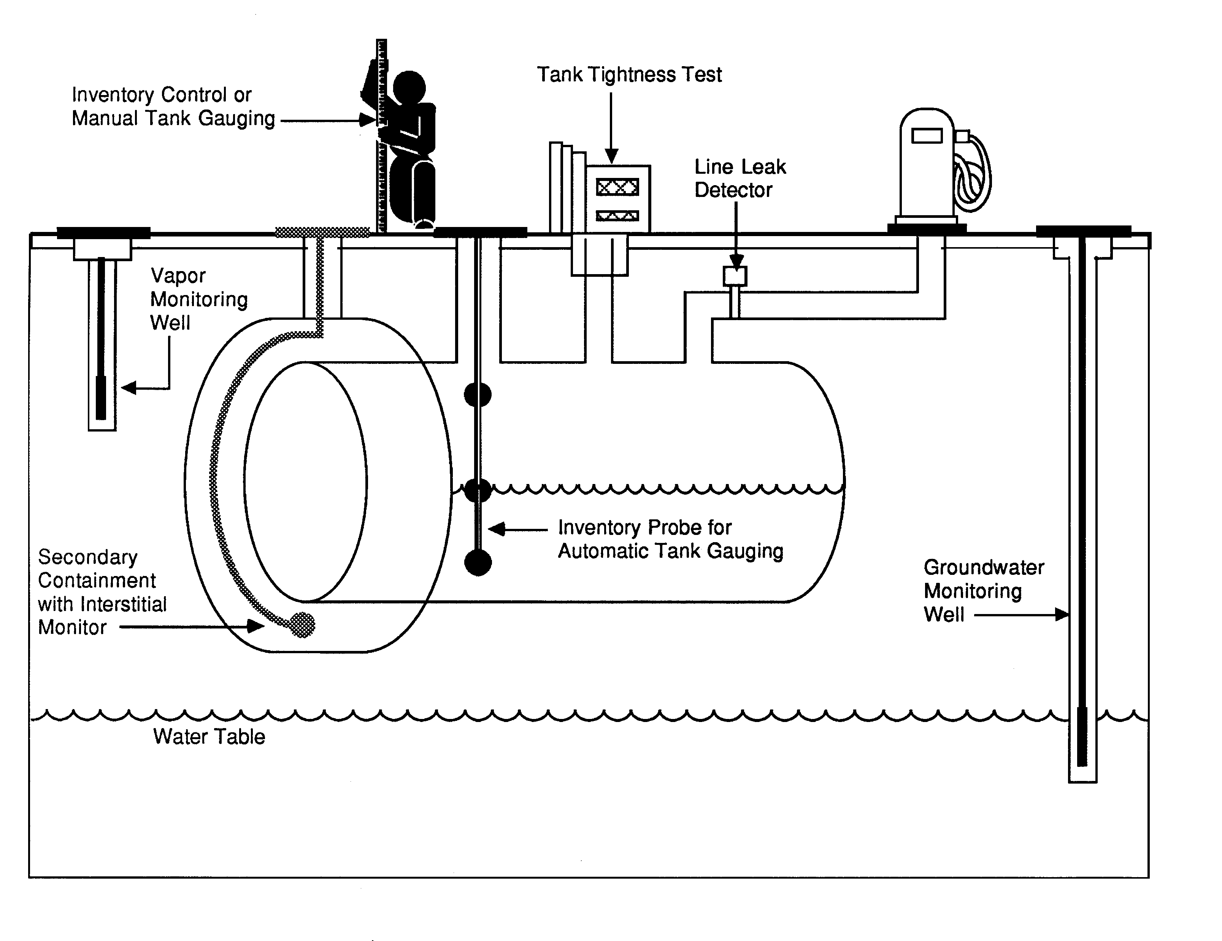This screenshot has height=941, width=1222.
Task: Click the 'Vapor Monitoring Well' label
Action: point(198,299)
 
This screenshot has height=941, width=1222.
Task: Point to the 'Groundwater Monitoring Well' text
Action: point(983,591)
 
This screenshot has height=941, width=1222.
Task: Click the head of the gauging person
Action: point(409,87)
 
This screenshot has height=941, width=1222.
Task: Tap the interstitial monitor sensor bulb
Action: point(303,625)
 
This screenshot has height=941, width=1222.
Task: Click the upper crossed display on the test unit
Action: point(617,187)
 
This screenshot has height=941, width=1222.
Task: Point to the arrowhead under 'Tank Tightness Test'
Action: point(611,156)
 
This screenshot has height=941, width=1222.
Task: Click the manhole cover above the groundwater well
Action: point(1083,231)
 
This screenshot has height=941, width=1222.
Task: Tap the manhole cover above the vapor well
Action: point(103,232)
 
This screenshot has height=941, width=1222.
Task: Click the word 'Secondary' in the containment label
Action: point(88,557)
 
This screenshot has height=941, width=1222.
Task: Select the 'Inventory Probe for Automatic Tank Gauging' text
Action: point(670,539)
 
